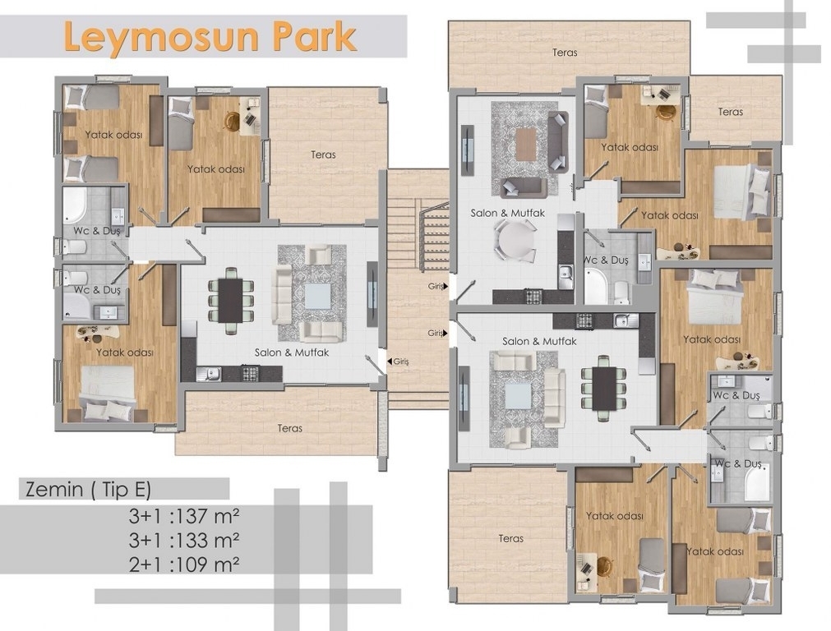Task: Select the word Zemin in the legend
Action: point(54,489)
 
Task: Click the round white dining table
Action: point(515,240)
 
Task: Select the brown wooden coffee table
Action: point(526,145)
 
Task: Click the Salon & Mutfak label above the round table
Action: point(508,213)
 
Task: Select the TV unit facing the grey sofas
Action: point(468,150)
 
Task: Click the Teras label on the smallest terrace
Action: point(730,112)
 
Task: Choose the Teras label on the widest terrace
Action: point(565,53)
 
